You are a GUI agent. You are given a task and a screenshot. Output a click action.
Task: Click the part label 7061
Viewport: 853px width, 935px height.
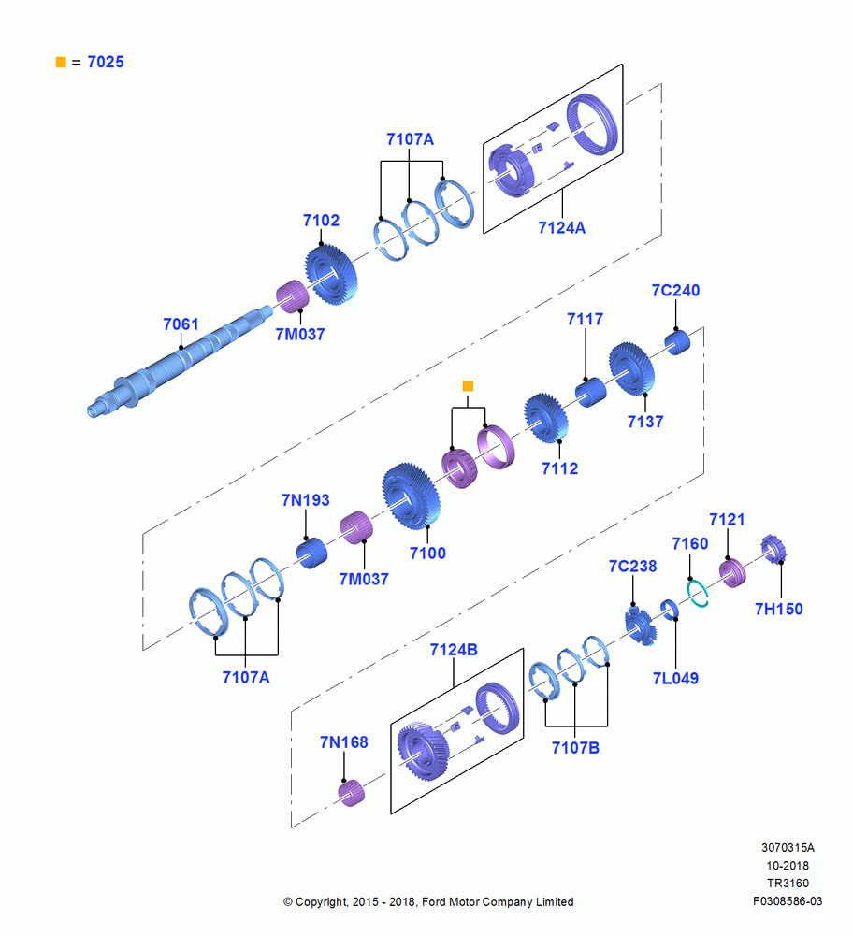[x=181, y=324]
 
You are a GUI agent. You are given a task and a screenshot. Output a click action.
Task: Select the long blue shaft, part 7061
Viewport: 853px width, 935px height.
[x=179, y=361]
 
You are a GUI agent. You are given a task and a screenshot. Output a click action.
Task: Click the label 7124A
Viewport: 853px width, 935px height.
[x=562, y=228]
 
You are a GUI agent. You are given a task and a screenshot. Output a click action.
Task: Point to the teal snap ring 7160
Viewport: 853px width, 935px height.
[x=698, y=594]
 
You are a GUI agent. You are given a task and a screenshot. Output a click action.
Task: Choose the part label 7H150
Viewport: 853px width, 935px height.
[x=778, y=609]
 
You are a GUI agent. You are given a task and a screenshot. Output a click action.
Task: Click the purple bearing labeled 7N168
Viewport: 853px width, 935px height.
[x=352, y=793]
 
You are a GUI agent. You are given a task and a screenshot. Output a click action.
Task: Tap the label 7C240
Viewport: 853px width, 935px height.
[x=675, y=291]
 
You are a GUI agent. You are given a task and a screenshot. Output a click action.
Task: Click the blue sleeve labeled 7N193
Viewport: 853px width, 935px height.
[x=312, y=553]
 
